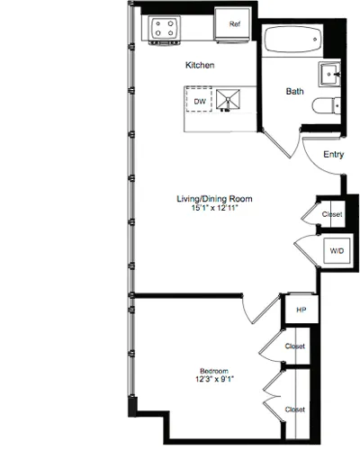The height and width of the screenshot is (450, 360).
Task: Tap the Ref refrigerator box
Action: coord(234,25)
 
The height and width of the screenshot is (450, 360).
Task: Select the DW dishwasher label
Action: coord(200,102)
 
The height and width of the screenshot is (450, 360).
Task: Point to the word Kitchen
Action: coord(200,65)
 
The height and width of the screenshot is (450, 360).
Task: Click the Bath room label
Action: coord(295,91)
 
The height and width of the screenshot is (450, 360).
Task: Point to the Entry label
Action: coord(333,154)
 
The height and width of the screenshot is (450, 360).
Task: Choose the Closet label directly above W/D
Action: coord(332,215)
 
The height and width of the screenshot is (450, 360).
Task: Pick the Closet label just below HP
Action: coord(294,346)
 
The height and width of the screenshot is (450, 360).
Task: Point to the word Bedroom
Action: coord(214,371)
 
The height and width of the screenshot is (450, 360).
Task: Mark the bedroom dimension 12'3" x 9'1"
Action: coord(214,381)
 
